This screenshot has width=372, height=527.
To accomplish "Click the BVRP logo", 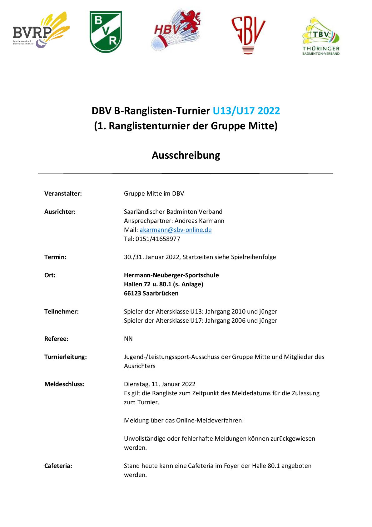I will tap(41, 31).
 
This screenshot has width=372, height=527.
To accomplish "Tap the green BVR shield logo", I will tap(106, 32).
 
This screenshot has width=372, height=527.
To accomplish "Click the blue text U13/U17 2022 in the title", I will tap(246, 111).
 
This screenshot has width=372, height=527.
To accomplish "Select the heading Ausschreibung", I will tap(186, 155).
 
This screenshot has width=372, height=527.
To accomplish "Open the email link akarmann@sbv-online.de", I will tap(176, 230).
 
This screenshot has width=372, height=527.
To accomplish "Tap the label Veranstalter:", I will tap(63, 193).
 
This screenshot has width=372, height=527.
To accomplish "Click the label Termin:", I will tap(56, 257).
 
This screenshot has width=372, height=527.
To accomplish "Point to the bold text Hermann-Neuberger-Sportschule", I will tap(171, 275).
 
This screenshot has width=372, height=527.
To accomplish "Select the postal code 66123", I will tap(132, 293).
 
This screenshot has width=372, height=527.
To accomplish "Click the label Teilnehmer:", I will tap(62, 311).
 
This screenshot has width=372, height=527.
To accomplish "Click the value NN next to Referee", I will tap(128, 339).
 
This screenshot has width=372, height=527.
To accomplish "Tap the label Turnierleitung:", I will tap(66, 357).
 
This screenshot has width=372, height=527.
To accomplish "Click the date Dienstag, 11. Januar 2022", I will tap(160, 384).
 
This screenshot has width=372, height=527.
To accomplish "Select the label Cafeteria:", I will tap(58, 466).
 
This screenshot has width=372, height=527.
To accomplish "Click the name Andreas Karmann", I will tap(199, 221).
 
